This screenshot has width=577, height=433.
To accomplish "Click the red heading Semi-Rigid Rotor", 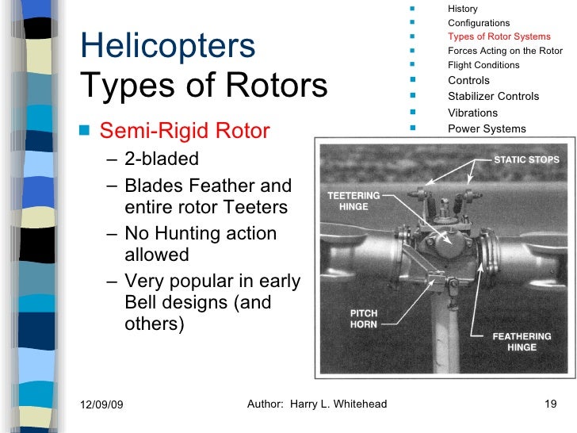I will pos(185,130).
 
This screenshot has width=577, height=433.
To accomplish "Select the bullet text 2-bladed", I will pos(162,159).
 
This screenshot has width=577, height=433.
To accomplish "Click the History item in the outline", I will pos(463,9).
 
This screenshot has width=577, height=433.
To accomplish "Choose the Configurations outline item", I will pos(479,23).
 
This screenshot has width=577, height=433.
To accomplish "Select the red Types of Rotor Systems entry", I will pos(499,36).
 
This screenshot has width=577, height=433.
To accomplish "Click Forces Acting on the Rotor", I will pos(505,51).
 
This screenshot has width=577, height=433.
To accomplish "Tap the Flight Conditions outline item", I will pos(483,65).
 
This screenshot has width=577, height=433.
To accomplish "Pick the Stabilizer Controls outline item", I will pos(493,96).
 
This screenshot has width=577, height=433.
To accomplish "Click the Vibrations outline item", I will pos(472,113).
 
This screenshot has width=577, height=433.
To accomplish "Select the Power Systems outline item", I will pos(487,128).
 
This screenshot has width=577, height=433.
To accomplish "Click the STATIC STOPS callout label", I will pos(526,159).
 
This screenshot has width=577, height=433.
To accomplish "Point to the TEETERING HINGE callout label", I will pos(353,200).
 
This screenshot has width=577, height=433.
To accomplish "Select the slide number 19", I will pos(552,404).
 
